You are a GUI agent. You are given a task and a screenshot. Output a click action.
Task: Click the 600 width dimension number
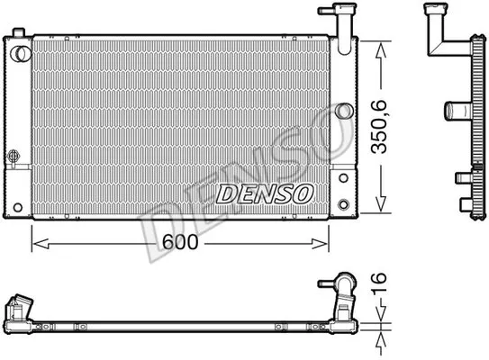[180, 242]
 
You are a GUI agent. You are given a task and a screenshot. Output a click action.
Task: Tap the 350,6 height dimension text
[378, 127]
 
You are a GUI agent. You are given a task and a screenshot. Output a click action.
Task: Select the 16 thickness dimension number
[379, 283]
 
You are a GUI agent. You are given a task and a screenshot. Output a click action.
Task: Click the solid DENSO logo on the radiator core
[265, 193]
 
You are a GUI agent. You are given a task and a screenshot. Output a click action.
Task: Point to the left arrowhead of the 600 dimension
[41, 243]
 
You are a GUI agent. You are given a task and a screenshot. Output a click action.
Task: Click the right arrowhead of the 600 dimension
[320, 243]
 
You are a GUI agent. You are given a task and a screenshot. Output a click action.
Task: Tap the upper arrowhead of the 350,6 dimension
[381, 50]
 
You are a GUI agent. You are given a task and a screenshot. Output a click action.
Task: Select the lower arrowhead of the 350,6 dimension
[381, 204]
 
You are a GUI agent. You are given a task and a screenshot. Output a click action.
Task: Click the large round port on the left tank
[21, 54]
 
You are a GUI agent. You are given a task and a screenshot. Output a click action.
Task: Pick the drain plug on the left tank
[14, 156]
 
